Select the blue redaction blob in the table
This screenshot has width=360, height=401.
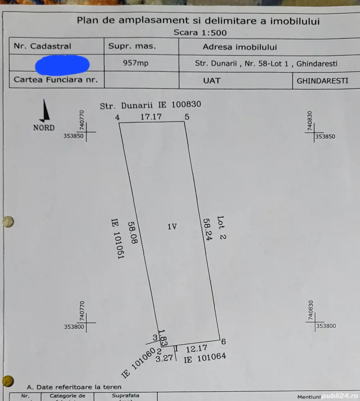point(62,64)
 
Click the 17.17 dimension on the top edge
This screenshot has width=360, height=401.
point(151,117)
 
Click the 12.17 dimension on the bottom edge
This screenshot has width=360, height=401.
point(197,348)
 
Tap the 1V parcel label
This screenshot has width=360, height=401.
point(172,227)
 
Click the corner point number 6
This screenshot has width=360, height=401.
point(224,341)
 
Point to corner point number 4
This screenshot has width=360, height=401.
point(117,117)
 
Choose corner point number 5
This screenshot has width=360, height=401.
point(186,117)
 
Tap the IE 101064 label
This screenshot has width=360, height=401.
point(205,358)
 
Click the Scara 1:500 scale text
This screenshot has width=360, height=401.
point(200,33)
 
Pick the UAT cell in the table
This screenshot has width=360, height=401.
point(212,80)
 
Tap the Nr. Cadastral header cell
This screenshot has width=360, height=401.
point(42,46)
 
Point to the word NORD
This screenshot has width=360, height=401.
point(44,128)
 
